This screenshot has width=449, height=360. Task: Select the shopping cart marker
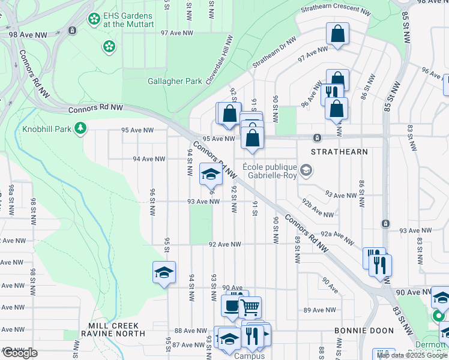250,308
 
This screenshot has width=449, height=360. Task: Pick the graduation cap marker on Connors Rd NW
211,174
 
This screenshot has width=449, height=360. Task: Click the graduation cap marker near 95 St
164,273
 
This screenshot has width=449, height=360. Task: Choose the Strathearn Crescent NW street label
336,10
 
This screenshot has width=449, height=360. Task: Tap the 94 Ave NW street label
149,159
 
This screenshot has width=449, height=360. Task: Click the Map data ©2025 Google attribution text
411,355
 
